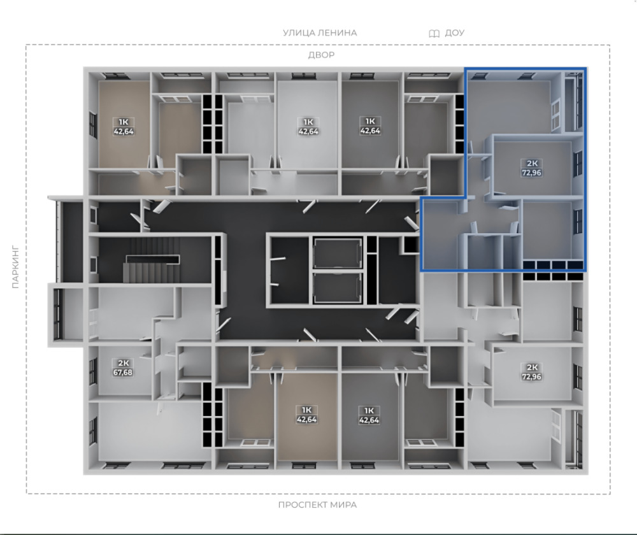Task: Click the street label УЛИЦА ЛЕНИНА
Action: tap(320, 32)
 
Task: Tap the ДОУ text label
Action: tap(455, 32)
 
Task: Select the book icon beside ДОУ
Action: tap(434, 33)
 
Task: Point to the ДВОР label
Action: tap(321, 55)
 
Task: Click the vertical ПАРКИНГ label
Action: tap(15, 266)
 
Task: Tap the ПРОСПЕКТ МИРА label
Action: tap(318, 505)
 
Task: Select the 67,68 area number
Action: tap(123, 372)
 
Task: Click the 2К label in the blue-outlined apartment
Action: tap(532, 163)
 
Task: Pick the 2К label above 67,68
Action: tap(123, 363)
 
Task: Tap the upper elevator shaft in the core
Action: tap(338, 253)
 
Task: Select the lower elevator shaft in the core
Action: tap(338, 288)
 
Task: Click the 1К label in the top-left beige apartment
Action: tap(124, 122)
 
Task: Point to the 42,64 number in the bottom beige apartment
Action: tap(307, 419)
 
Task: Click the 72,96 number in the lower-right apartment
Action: tap(531, 376)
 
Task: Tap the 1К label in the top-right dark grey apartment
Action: tap(370, 121)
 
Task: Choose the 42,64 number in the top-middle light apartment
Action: tap(308, 131)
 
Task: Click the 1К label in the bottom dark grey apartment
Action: tap(369, 410)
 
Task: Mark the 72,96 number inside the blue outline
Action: tap(531, 172)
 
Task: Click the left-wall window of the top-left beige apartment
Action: tap(94, 125)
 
